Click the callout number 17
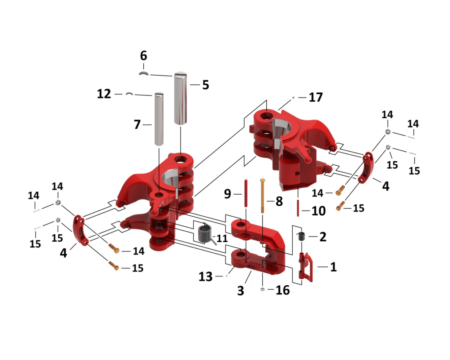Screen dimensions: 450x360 tap(316, 97)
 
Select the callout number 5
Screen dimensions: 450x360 tap(206, 85)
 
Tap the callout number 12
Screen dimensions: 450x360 tap(104, 94)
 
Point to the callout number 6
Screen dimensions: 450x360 tap(144, 56)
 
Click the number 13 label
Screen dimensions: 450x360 tap(206, 277)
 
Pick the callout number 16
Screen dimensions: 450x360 tap(283, 290)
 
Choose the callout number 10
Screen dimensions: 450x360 tap(319, 211)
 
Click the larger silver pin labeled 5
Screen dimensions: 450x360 tap(180, 98)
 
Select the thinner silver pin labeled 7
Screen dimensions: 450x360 tap(159, 119)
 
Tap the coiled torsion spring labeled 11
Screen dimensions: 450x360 tap(205, 233)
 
